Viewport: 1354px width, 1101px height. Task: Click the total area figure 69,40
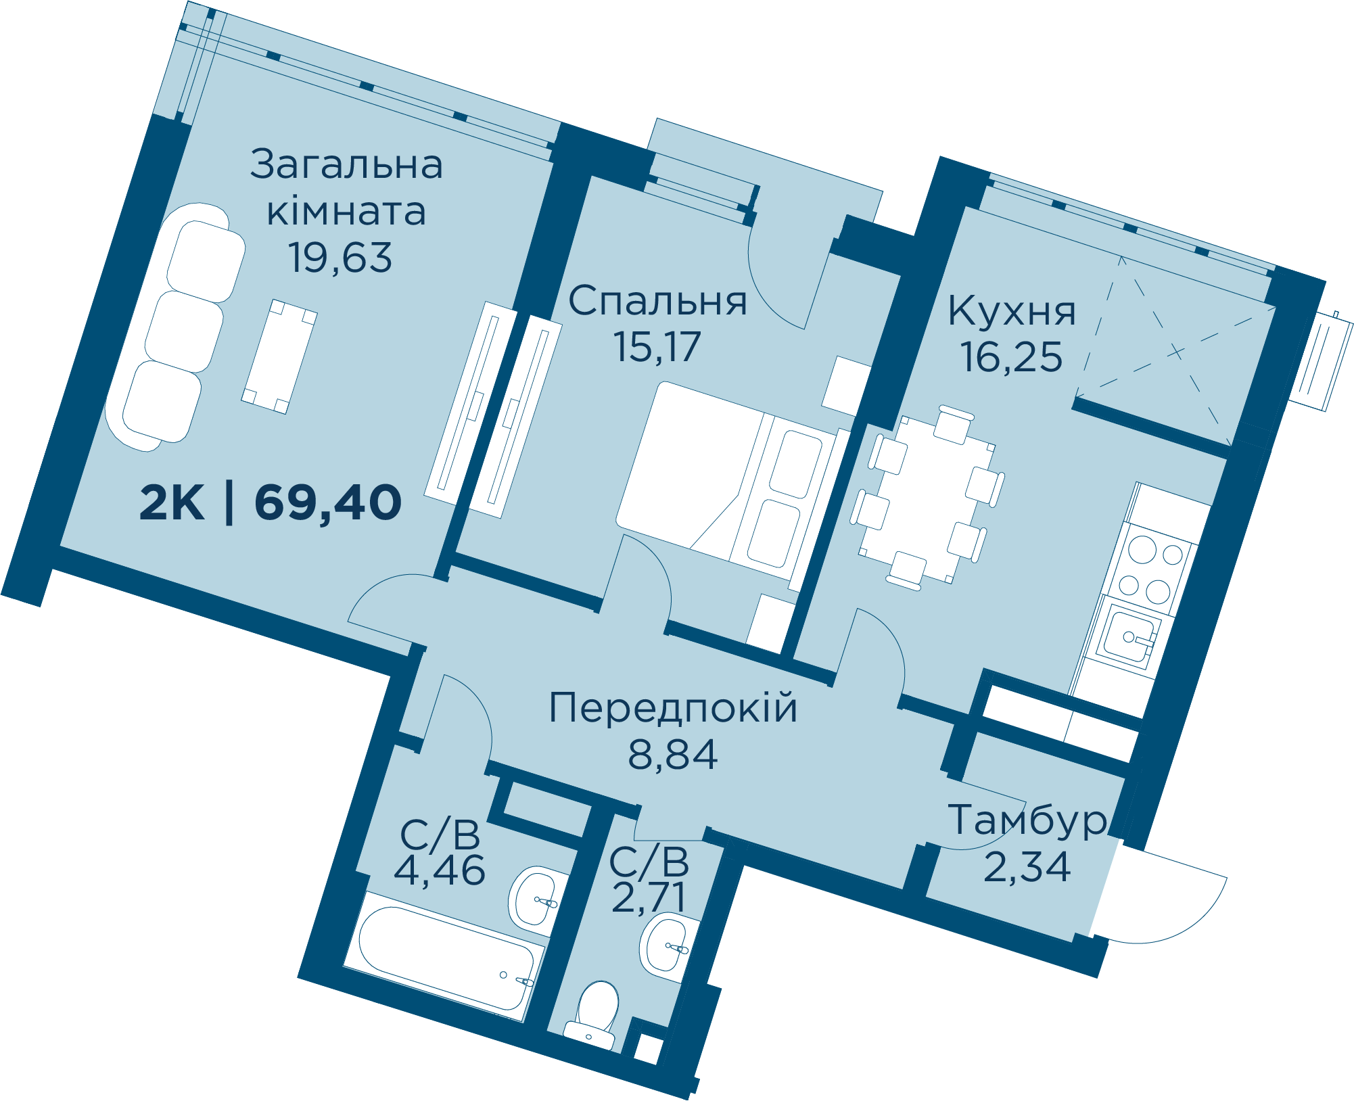pyautogui.click(x=328, y=503)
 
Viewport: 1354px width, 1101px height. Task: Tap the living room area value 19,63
pyautogui.click(x=340, y=258)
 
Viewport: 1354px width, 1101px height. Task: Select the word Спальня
pyautogui.click(x=657, y=302)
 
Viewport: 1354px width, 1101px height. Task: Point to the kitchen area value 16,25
pyautogui.click(x=1011, y=357)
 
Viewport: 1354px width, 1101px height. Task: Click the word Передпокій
pyautogui.click(x=673, y=708)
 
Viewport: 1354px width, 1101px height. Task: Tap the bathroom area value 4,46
pyautogui.click(x=440, y=870)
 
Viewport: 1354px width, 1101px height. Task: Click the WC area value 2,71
pyautogui.click(x=649, y=897)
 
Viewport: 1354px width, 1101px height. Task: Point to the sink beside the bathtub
pyautogui.click(x=538, y=896)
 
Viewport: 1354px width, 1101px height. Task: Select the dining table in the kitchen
pyautogui.click(x=927, y=499)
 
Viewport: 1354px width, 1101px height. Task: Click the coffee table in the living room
pyautogui.click(x=279, y=356)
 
